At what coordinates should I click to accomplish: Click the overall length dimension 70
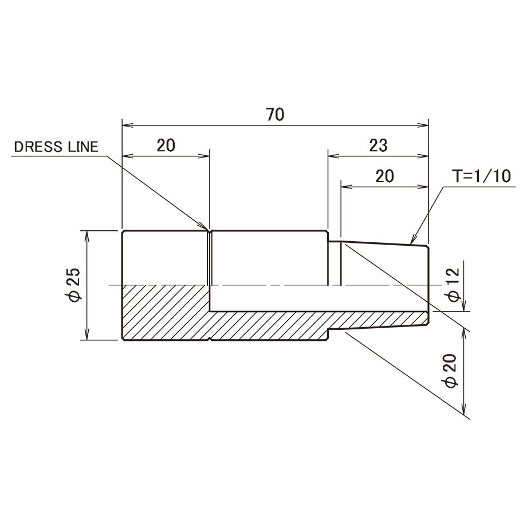point(276,115)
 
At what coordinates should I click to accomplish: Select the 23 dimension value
point(378,145)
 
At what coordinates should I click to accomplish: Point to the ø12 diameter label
point(453,285)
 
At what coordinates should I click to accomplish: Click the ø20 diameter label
point(451,371)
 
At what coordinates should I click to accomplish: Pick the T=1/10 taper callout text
point(482,176)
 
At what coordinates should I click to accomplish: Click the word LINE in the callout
point(84,147)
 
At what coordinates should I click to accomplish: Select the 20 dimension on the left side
point(166,145)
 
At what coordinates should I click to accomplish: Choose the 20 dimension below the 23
point(385,176)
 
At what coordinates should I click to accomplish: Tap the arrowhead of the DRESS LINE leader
point(203,226)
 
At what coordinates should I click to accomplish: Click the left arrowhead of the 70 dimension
point(128,125)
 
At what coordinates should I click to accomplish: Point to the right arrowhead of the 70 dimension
point(423,125)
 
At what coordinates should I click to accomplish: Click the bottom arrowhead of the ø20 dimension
point(465,409)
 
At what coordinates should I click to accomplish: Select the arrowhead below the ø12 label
point(465,305)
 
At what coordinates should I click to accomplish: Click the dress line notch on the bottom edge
point(210,339)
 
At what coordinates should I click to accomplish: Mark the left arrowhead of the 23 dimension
point(334,156)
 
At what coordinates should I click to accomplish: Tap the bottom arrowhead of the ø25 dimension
point(87,334)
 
